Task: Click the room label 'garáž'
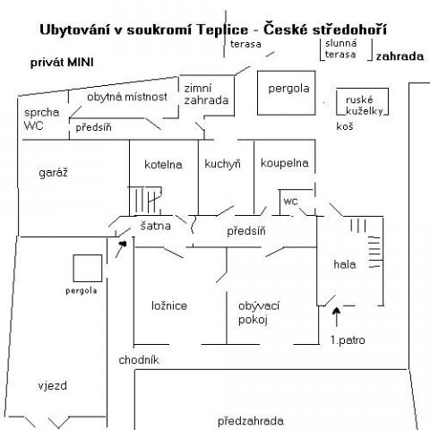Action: [53, 173]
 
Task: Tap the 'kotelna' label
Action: [163, 165]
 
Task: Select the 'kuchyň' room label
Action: [222, 164]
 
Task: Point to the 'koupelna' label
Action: [285, 163]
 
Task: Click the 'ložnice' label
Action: [169, 305]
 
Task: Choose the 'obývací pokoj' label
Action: [259, 313]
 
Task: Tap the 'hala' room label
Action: [345, 264]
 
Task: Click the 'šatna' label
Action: [156, 226]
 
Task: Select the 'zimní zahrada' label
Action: [206, 94]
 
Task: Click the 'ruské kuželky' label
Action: [365, 105]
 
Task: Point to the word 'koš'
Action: [345, 126]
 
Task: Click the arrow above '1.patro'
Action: [337, 317]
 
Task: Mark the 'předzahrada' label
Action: [250, 421]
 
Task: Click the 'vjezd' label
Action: [53, 386]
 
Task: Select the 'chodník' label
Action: [139, 360]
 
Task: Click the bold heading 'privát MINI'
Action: [62, 63]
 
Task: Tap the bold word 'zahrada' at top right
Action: [400, 56]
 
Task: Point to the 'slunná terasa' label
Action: [340, 49]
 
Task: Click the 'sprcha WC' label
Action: [41, 119]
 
